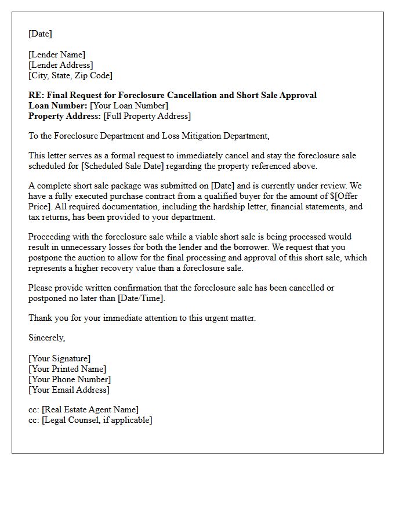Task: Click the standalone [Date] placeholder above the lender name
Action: click(x=40, y=34)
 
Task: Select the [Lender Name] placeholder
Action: click(x=57, y=55)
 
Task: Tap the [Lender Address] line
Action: click(x=61, y=65)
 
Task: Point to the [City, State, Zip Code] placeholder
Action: click(x=70, y=75)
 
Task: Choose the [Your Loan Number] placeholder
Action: click(x=129, y=106)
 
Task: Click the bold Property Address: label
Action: click(x=65, y=116)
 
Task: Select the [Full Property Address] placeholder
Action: click(x=147, y=116)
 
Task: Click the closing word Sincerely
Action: click(x=46, y=338)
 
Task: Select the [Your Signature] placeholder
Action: click(x=60, y=358)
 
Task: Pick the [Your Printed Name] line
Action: click(x=67, y=369)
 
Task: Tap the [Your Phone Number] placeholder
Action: click(x=70, y=379)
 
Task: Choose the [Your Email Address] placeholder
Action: click(x=69, y=390)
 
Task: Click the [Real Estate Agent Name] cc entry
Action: click(x=90, y=409)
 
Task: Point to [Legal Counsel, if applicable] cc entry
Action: click(x=97, y=420)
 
